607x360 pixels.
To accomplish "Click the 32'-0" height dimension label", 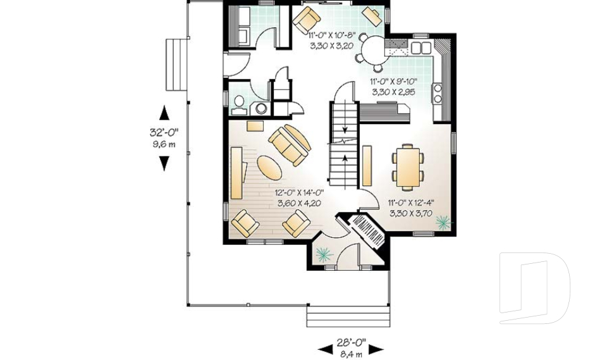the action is pos(164,132).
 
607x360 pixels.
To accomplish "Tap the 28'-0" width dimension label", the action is pos(351,342).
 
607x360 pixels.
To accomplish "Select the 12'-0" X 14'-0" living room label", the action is pos(299,192).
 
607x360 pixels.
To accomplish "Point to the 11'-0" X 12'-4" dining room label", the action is pos(411,202).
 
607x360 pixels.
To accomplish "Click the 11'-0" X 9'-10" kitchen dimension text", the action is pos(393,82).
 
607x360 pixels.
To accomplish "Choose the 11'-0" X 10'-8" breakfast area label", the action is pos(332,35).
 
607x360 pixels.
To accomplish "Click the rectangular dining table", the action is pos(408,166).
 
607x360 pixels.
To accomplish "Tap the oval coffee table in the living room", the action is pos(269,168).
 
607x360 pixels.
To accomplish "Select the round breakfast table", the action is pos(375,49).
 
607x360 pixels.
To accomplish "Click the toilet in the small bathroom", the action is pos(239,104).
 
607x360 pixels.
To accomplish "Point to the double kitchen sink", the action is pos(421,47).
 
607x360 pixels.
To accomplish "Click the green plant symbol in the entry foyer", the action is pos(324,254).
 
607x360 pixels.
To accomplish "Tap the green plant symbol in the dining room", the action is pos(443,223).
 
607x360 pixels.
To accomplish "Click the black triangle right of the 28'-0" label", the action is pos(376,350).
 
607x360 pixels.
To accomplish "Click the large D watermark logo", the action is pos(535,288).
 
